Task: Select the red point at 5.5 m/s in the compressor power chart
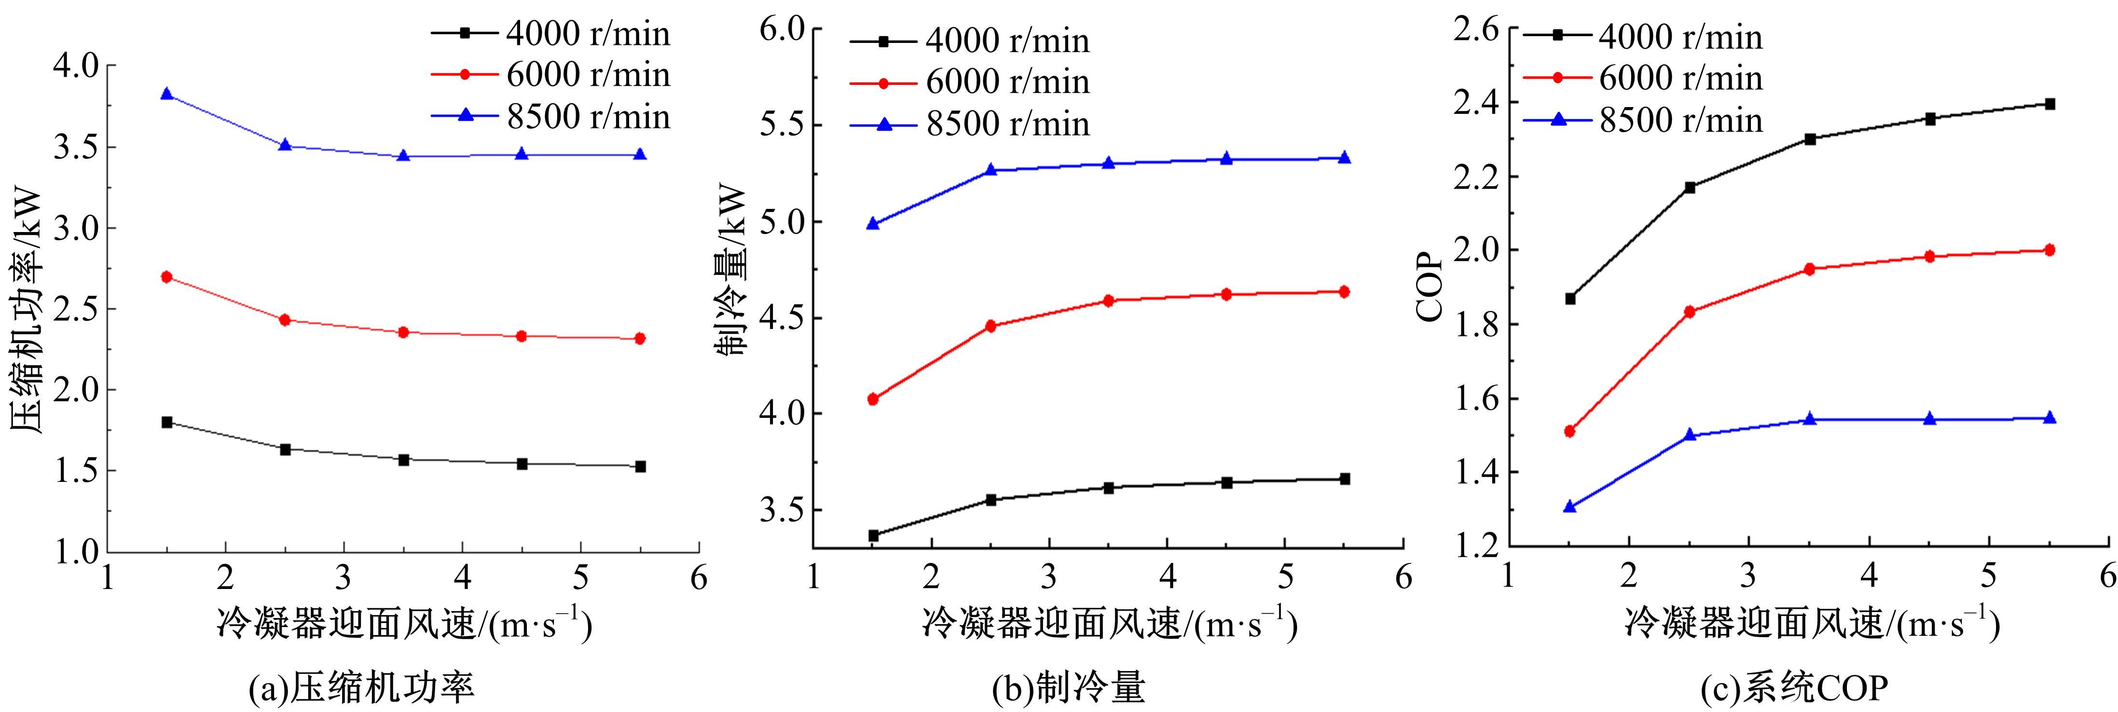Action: (x=641, y=338)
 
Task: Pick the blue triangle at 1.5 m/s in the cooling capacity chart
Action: (x=873, y=224)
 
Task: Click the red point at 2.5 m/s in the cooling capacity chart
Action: (x=991, y=326)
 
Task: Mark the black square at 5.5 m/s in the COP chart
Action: (x=2050, y=104)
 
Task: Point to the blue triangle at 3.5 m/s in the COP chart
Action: (x=1810, y=419)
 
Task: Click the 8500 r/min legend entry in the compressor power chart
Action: (x=551, y=117)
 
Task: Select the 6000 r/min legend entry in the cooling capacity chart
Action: (x=970, y=82)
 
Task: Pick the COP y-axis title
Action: (x=1430, y=288)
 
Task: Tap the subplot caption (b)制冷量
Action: (x=1068, y=687)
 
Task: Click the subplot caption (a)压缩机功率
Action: (x=362, y=687)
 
